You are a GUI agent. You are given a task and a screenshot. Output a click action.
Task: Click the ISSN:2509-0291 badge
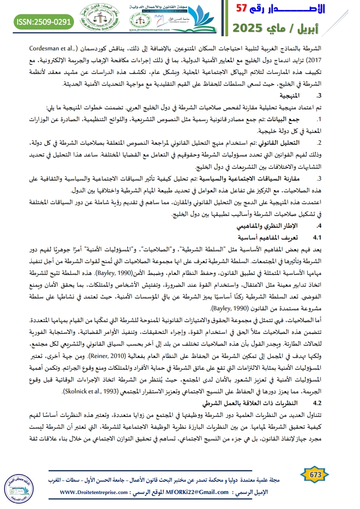tap(44, 21)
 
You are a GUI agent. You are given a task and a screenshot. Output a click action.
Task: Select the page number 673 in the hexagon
tap(315, 474)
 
